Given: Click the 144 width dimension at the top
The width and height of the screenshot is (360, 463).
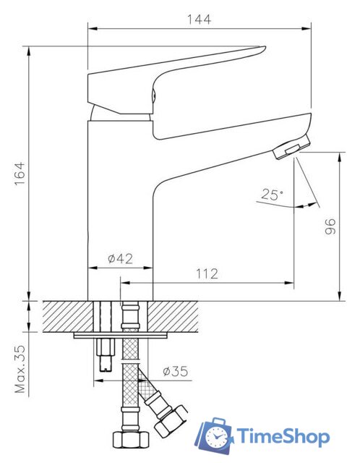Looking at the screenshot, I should coord(200,20).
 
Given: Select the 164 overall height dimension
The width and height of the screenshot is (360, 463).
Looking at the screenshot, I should coord(20,174).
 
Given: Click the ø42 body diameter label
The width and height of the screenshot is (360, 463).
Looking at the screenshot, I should coord(119,258).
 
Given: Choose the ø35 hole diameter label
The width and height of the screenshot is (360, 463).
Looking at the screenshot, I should coord(175,372).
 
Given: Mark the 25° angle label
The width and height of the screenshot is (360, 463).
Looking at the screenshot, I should coord(273,194).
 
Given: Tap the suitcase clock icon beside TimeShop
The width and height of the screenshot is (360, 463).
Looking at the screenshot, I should coord(216,436).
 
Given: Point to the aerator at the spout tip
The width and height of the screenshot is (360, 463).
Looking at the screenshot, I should coord(288,149).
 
